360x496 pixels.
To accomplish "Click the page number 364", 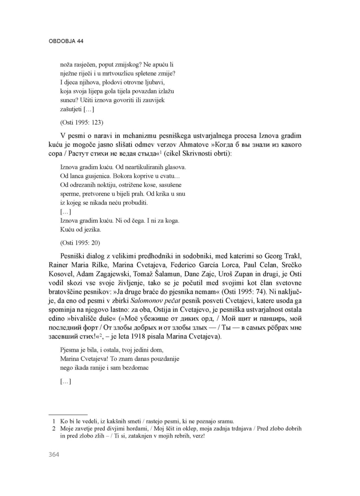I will coord(54,455).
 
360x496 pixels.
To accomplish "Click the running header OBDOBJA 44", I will coord(66,41).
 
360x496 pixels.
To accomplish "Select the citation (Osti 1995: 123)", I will coord(82,122).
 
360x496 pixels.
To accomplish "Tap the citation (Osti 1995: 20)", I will coord(80,243).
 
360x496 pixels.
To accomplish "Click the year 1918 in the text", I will coord(141,337).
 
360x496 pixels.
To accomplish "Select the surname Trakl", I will coord(293,256).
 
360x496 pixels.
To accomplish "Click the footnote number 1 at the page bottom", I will coord(54,421).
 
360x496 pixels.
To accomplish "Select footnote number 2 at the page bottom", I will coord(54,429).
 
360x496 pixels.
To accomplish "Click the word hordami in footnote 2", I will coord(137,429).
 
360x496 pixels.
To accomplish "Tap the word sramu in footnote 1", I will coord(225,421).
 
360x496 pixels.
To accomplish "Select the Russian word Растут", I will coord(81,154).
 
